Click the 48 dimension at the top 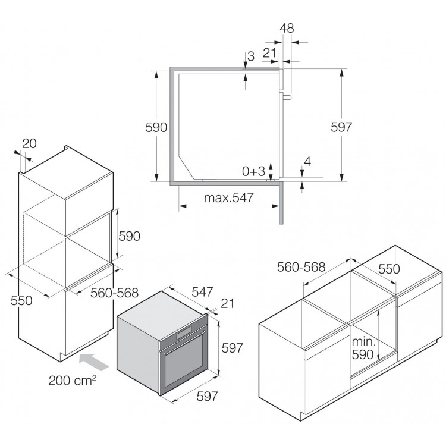(x=287, y=28)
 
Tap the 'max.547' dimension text (x=229, y=197)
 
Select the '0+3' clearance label (x=253, y=171)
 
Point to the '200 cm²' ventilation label (x=72, y=381)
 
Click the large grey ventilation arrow (x=93, y=361)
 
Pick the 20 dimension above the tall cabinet (x=29, y=143)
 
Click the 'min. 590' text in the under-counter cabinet (x=363, y=348)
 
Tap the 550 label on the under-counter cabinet (x=389, y=269)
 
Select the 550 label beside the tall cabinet (x=21, y=300)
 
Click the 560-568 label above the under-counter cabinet (x=301, y=267)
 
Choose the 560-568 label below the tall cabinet (x=114, y=293)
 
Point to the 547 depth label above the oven (x=202, y=292)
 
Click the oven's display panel (x=184, y=333)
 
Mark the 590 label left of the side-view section (x=156, y=127)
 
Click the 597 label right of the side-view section (x=341, y=127)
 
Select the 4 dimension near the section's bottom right (x=307, y=162)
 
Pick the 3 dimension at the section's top (x=251, y=56)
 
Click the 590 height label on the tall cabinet (x=129, y=236)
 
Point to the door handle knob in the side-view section (x=287, y=98)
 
